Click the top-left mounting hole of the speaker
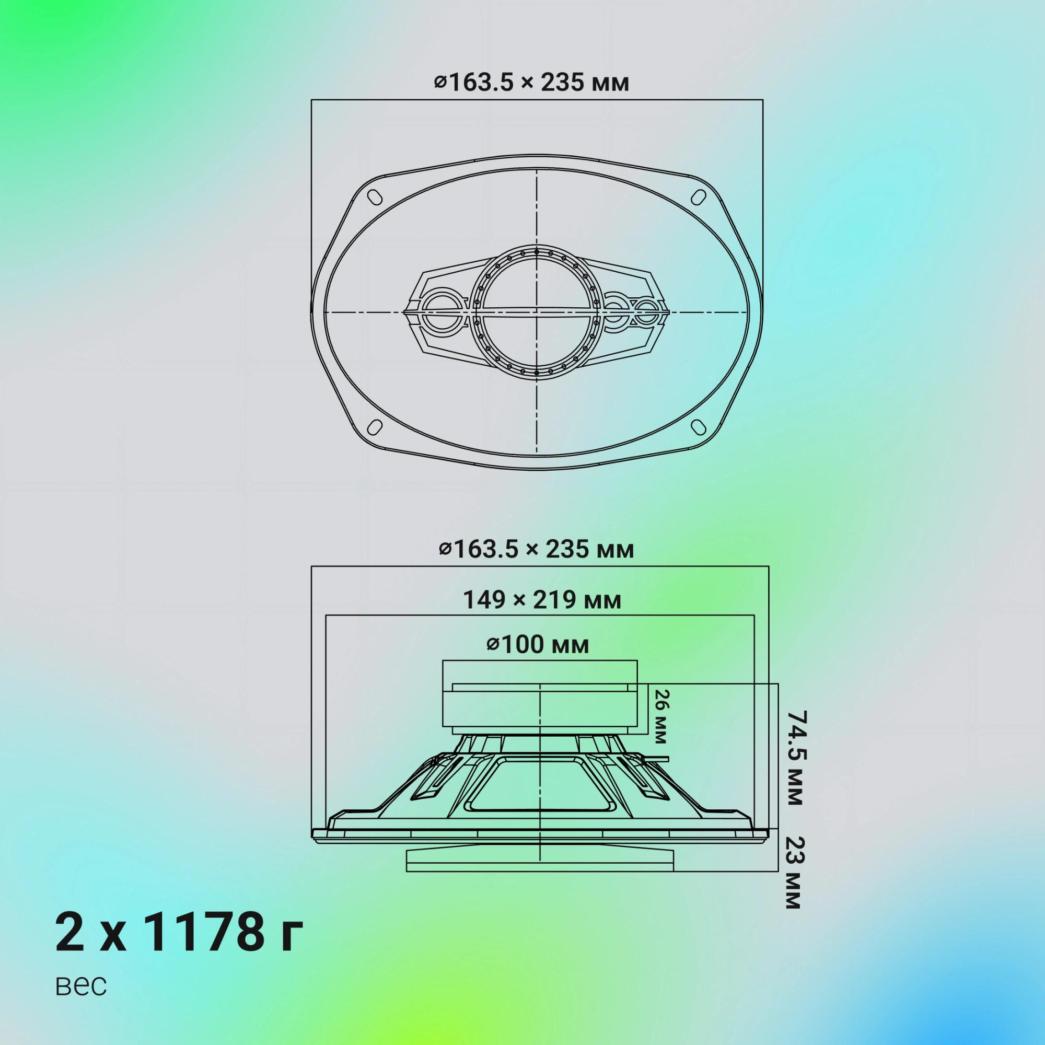pyautogui.click(x=375, y=196)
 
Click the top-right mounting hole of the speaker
pyautogui.click(x=699, y=196)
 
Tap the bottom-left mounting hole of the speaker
pyautogui.click(x=375, y=427)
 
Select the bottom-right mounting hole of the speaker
pyautogui.click(x=699, y=427)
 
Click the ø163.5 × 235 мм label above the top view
pyautogui.click(x=532, y=83)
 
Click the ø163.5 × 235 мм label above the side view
pyautogui.click(x=536, y=550)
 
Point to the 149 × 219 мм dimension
pyautogui.click(x=542, y=600)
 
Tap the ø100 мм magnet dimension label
pyautogui.click(x=538, y=645)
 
